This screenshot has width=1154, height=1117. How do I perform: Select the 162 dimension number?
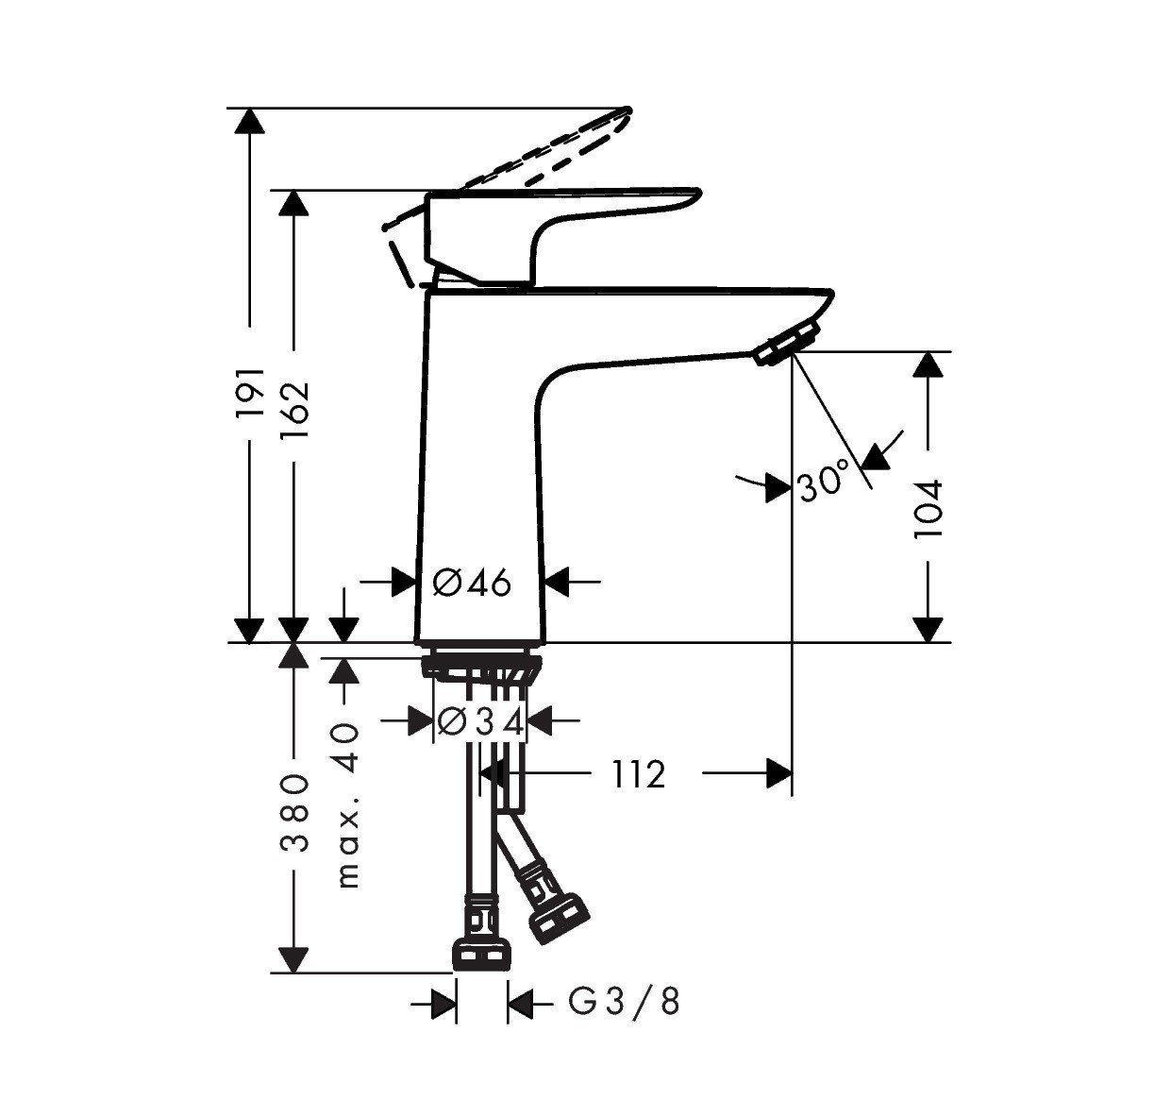[x=294, y=403]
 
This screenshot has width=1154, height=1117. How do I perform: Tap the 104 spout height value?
[x=928, y=509]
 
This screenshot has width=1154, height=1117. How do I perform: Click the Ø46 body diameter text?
[x=472, y=584]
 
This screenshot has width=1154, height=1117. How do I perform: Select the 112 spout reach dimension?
[x=638, y=774]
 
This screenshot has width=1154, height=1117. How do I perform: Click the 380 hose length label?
[x=294, y=813]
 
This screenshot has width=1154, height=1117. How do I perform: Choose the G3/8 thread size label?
[x=624, y=1002]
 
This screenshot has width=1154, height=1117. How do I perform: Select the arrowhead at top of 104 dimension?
[x=928, y=364]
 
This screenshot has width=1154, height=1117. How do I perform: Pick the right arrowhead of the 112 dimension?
[x=779, y=774]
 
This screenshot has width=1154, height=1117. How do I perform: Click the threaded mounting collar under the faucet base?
[x=481, y=665]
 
